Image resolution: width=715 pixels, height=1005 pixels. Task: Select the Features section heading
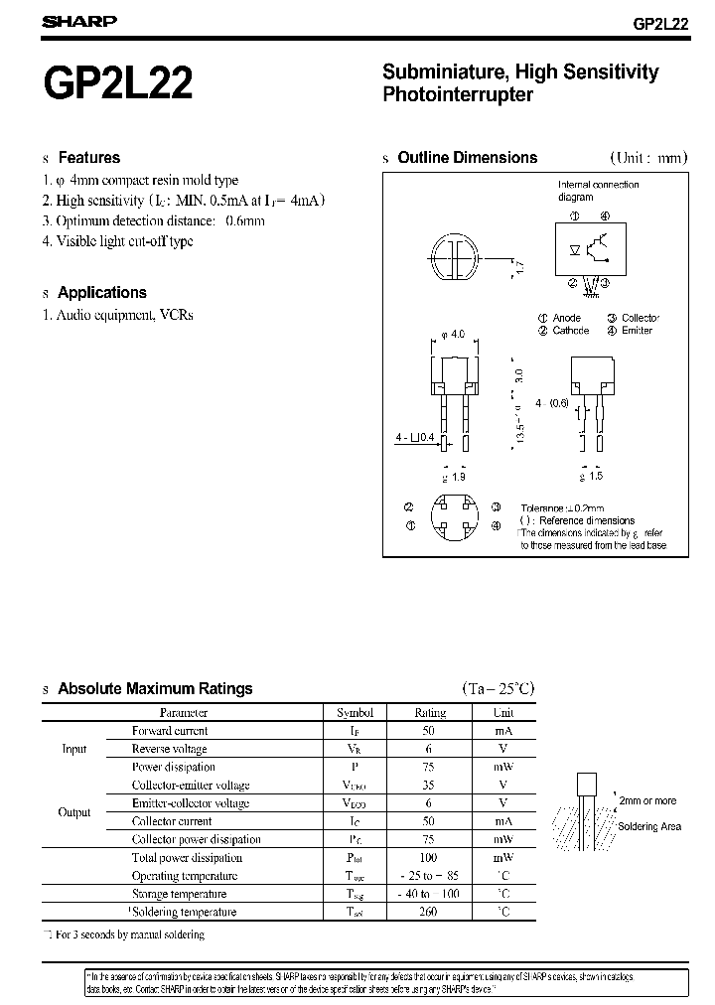(88, 157)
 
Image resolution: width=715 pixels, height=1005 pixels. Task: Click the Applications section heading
(101, 292)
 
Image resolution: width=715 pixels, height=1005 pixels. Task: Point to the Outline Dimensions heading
(467, 157)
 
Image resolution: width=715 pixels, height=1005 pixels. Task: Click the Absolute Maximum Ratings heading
(155, 688)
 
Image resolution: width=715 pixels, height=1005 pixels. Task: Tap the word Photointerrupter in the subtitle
(458, 95)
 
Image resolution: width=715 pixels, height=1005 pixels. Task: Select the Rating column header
(430, 712)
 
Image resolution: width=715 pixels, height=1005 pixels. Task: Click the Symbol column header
(355, 712)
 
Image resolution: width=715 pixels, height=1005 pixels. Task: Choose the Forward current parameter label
(170, 730)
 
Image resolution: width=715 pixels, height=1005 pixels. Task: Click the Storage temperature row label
(179, 894)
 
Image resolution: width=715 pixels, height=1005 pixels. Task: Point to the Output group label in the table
(74, 811)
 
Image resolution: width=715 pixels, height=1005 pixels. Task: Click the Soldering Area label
(649, 826)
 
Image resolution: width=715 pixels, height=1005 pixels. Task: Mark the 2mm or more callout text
(646, 800)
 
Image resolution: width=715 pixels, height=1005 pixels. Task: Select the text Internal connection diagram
(598, 191)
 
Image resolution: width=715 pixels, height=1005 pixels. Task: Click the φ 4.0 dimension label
(453, 335)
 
